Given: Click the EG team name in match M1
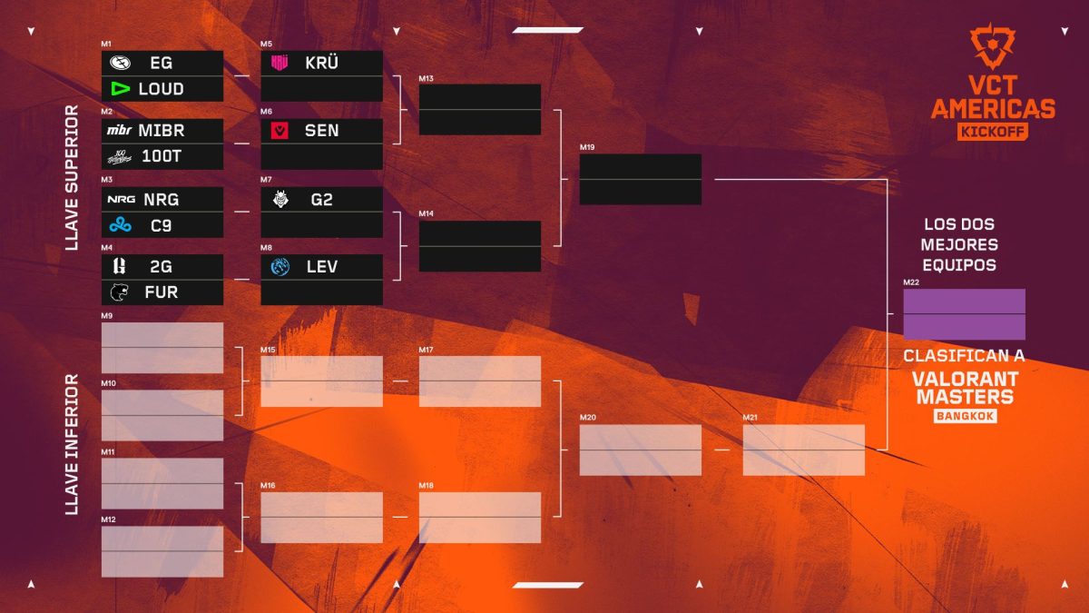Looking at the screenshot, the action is pos(161,63).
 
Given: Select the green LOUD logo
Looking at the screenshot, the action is pos(120,89).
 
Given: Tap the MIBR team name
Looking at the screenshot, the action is pos(162,131).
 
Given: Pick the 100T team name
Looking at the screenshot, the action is pos(162,156).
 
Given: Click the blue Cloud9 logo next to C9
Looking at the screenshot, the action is pos(120,225).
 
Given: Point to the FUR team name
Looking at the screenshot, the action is pos(162,292).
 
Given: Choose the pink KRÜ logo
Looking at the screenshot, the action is pos(280,63).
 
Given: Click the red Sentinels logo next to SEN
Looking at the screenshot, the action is pos(280,131).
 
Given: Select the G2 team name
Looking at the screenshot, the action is pos(322,200).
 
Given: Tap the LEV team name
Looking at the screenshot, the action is pos(322,267).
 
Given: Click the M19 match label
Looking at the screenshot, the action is pos(587,147).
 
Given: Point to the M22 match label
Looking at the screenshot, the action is pos(911,282).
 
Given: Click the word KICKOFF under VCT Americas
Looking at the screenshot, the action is pos(992,132).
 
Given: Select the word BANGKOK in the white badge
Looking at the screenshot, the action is pos(965,417).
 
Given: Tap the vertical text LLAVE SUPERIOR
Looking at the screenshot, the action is pos(72,178).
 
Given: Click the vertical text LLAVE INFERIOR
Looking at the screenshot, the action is pos(72,444).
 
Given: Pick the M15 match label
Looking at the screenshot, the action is pos(268,350).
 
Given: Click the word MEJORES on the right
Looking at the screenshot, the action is pos(959,244).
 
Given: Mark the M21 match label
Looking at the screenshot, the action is pos(751,418).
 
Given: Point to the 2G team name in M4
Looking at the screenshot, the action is pos(161,267).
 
